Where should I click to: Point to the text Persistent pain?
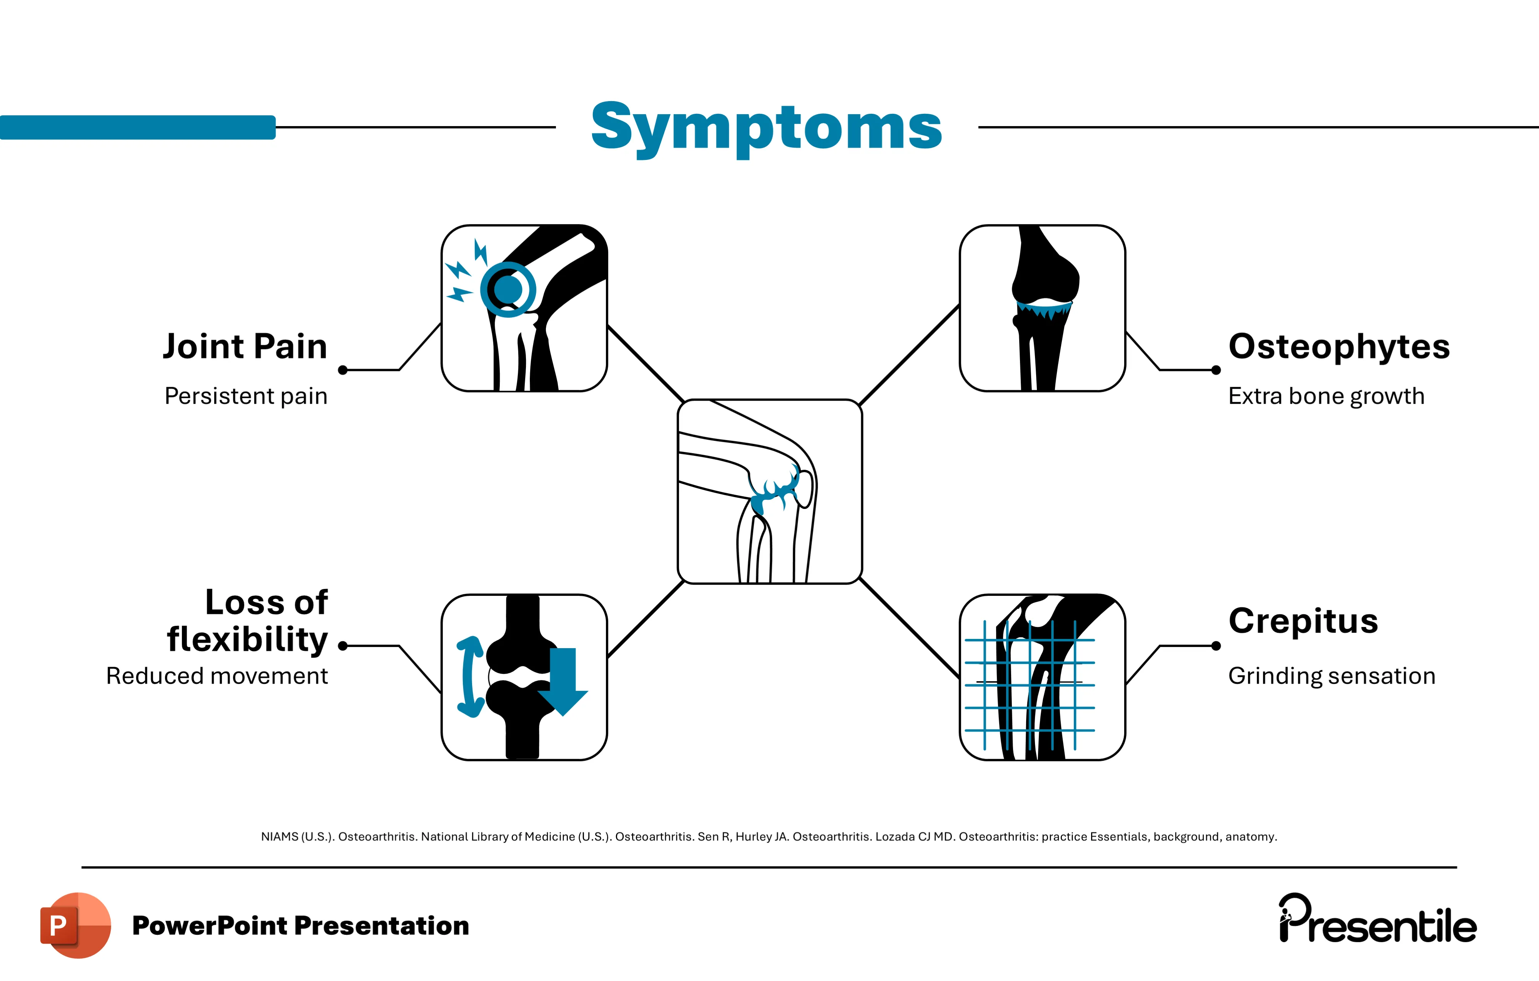245,396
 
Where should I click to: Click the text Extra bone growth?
1326,396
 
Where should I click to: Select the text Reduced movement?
217,675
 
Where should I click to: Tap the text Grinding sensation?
1331,675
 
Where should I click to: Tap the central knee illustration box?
770,491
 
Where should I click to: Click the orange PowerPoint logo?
75,925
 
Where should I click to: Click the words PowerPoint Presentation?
300,925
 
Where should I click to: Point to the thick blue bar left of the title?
137,127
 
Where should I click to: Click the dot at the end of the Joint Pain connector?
343,370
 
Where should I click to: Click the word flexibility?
247,640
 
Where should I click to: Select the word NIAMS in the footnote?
279,836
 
